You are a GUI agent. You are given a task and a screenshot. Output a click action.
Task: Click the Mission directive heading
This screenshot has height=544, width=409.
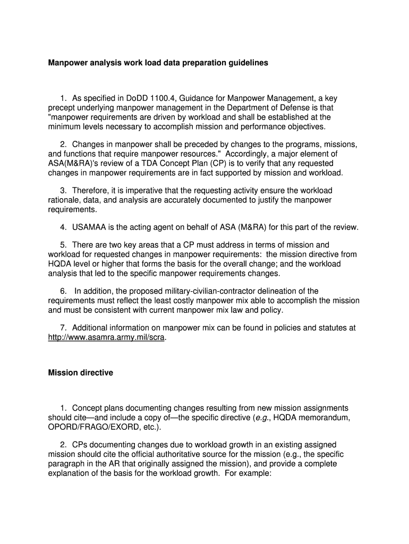coord(81,373)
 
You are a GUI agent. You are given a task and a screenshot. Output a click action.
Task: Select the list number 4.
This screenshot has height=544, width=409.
coord(63,227)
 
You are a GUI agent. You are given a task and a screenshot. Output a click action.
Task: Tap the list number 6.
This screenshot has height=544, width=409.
coord(63,291)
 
